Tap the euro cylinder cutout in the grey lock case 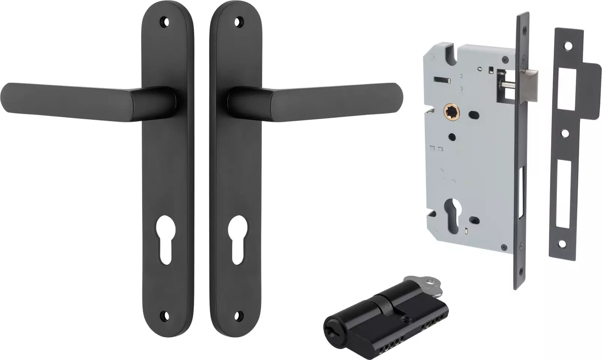[451, 206]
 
